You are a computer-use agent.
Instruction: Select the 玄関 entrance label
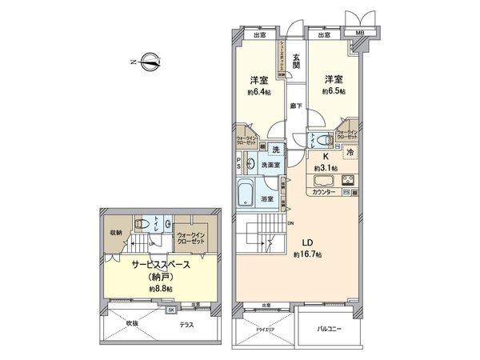295,61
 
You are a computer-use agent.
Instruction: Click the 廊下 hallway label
295,104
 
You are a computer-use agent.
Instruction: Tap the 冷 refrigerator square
350,150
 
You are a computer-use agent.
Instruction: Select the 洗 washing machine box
274,150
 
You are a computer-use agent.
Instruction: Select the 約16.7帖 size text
307,254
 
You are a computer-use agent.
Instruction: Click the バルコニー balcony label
330,328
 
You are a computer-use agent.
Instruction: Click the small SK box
170,310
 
